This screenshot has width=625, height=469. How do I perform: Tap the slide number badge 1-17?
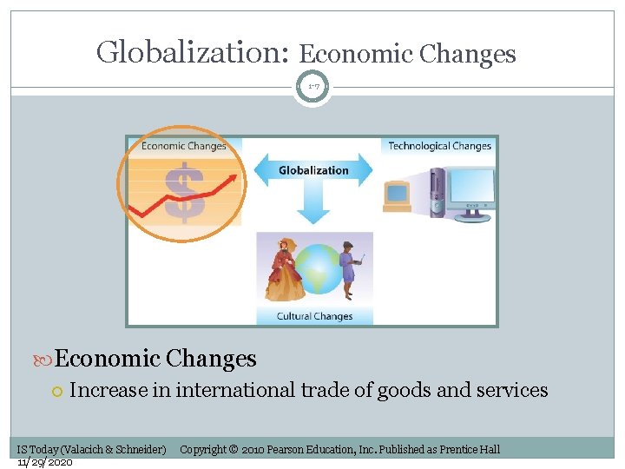click(x=312, y=87)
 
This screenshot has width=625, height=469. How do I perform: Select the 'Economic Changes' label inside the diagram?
click(x=183, y=146)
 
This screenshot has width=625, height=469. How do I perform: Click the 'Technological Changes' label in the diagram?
click(x=439, y=146)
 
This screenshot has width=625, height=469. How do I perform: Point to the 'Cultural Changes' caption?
click(x=314, y=316)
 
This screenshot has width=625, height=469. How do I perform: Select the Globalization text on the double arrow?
click(x=313, y=170)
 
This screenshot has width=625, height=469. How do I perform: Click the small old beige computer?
click(x=397, y=195)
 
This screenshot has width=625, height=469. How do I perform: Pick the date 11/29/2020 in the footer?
click(x=44, y=461)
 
